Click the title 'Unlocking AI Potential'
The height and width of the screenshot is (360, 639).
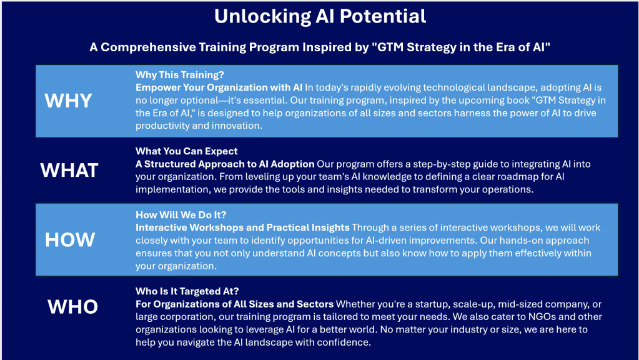tap(320, 17)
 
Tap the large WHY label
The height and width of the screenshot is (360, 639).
tap(68, 101)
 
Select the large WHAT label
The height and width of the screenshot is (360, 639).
tap(69, 170)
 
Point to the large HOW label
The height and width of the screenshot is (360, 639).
tap(70, 240)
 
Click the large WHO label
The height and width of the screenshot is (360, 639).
tap(72, 307)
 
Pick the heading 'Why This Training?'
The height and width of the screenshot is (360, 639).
tap(180, 75)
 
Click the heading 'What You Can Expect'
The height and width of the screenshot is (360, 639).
tap(187, 151)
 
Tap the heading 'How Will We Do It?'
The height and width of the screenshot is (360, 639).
tap(181, 215)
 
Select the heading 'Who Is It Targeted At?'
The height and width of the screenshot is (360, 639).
tap(187, 291)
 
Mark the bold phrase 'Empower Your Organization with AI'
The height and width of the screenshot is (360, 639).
tap(219, 87)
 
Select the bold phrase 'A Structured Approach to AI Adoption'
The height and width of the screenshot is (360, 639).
tap(225, 164)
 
